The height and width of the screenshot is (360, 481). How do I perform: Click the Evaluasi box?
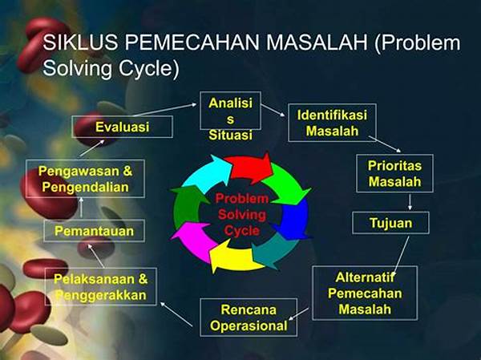122,127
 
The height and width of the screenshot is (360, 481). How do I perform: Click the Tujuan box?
390,221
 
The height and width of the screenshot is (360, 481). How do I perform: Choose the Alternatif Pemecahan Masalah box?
364,293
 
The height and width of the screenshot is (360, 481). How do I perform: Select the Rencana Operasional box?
248,318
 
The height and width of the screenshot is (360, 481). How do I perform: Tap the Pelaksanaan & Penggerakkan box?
100,286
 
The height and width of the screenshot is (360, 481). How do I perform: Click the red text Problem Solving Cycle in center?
241,213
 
